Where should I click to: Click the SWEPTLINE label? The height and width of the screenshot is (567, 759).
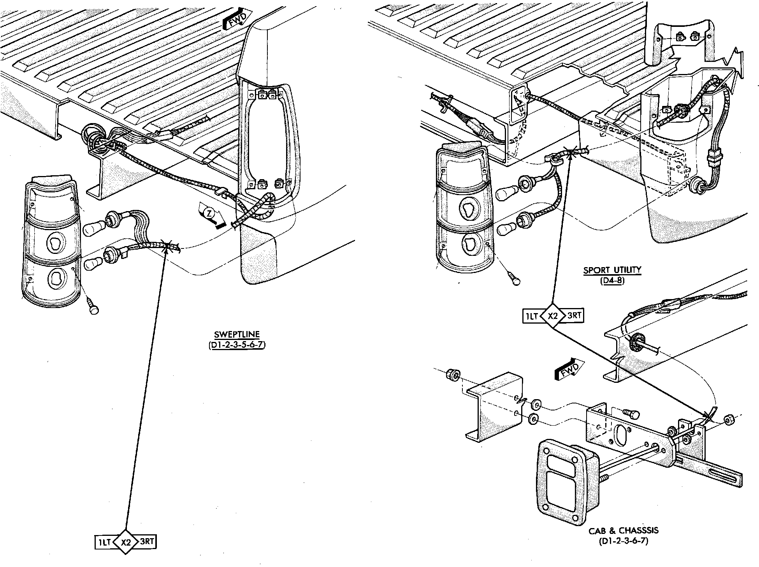pyautogui.click(x=237, y=335)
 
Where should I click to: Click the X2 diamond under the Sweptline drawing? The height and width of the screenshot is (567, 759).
pyautogui.click(x=126, y=542)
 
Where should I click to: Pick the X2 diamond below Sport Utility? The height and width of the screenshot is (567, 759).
pyautogui.click(x=553, y=316)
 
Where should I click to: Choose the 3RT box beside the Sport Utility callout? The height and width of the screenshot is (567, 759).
pyautogui.click(x=574, y=316)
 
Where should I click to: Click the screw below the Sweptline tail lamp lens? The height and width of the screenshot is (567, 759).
pyautogui.click(x=93, y=308)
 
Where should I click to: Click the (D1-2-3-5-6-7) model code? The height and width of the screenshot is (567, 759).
pyautogui.click(x=237, y=345)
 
